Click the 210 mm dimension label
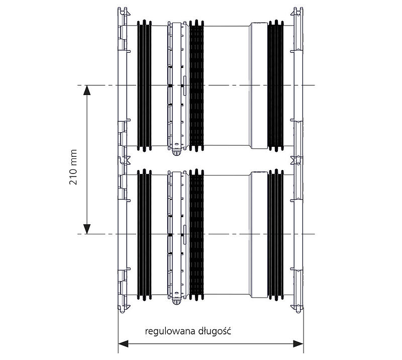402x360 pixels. pos(73,167)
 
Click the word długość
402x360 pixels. pos(215,331)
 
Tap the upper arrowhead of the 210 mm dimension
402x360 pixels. pos(87,90)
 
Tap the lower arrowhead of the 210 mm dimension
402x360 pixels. pos(87,229)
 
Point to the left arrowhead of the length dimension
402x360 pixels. pos(123,344)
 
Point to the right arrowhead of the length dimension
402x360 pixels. pos(298,344)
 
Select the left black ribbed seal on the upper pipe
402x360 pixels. pos(144,85)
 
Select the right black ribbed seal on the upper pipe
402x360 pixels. pos(275,85)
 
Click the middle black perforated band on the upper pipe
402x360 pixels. pos(196,85)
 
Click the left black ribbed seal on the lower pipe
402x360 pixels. pos(144,234)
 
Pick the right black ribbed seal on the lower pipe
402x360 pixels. pos(275,234)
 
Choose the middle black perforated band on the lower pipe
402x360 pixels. pos(196,234)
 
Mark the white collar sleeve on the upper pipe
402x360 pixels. pos(258,85)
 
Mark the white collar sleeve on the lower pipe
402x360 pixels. pos(258,234)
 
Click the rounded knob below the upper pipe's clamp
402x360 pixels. pos(176,153)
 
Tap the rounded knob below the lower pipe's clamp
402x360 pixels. pos(176,302)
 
